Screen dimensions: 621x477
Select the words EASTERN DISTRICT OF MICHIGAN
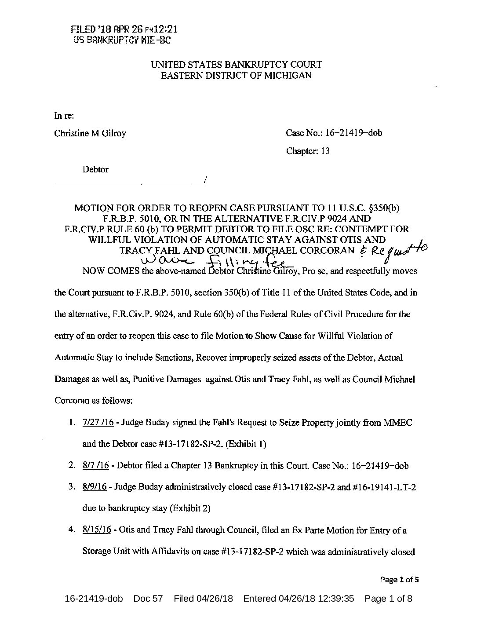click(236, 76)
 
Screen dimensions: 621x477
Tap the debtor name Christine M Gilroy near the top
click(90, 133)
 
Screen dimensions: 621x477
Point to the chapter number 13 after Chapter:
click(325, 151)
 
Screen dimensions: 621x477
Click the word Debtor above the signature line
click(95, 170)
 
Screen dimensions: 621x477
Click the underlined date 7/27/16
click(98, 423)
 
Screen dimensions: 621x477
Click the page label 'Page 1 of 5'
click(400, 580)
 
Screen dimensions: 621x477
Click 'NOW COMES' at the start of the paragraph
click(111, 271)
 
